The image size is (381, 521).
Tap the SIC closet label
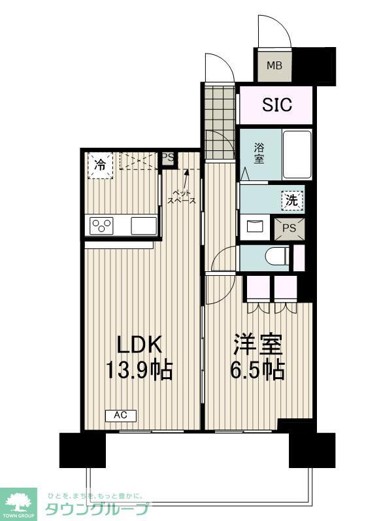tap(277, 105)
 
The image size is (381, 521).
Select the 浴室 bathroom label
tap(259, 154)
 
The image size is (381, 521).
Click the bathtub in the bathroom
tap(297, 154)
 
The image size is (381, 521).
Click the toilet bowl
tap(276, 257)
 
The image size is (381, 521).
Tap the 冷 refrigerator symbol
tap(100, 163)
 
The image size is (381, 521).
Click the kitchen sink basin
tap(144, 226)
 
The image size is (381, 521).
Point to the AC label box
tap(120, 415)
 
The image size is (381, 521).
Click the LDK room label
tap(139, 345)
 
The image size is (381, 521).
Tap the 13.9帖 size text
tap(139, 371)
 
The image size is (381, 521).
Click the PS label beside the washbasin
tap(289, 228)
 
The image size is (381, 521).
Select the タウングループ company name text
tap(96, 509)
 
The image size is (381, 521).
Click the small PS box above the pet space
tap(168, 158)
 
